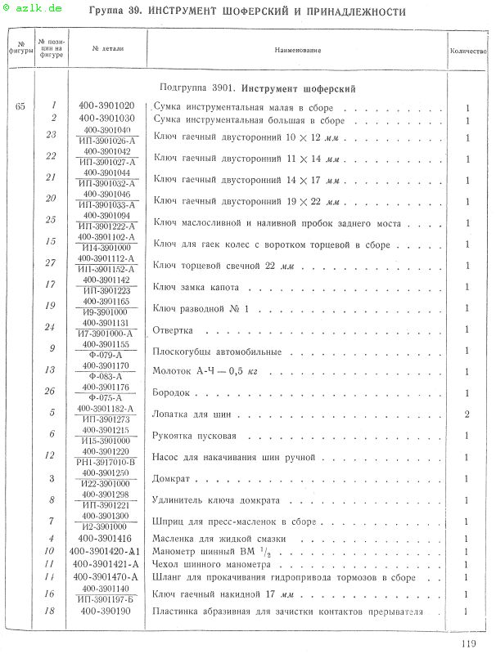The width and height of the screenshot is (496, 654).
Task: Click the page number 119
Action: coord(467,643)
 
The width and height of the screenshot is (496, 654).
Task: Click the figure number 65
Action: coord(20,106)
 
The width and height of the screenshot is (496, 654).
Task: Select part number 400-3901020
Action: coord(107,106)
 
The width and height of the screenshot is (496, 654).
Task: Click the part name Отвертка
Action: coord(173,330)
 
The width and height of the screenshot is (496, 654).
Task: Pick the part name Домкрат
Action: coord(171,479)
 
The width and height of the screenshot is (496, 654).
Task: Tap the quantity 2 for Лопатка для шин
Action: coord(467,415)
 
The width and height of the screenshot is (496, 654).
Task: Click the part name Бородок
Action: coord(171,394)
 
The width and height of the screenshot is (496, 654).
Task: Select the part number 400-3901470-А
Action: coord(107,577)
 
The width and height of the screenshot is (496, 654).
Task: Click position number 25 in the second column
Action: coord(52,220)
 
